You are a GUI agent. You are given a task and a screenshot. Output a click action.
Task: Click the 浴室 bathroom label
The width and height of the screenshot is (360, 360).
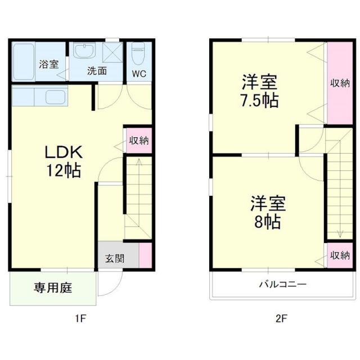click(49, 64)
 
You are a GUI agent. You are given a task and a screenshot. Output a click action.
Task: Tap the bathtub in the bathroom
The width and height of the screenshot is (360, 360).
click(24, 61)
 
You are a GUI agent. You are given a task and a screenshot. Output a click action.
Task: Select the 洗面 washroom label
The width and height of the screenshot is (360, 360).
click(97, 71)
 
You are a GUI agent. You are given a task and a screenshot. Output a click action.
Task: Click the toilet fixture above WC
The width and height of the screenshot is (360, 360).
click(137, 55)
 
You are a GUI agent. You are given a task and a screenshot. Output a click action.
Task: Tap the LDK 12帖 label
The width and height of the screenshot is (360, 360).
click(64, 161)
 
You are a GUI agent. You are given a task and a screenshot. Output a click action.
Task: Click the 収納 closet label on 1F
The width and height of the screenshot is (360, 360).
click(138, 141)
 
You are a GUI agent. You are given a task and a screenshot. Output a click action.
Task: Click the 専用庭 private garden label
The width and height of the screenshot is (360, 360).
click(52, 289)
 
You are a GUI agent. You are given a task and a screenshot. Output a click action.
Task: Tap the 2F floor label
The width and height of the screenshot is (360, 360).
click(281, 319)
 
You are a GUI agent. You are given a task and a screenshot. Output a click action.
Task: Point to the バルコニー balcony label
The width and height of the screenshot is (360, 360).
click(282, 284)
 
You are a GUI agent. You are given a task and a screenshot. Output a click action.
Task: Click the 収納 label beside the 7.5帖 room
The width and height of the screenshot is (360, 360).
click(340, 83)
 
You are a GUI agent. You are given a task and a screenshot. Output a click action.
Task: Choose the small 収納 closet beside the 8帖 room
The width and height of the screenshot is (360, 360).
click(340, 255)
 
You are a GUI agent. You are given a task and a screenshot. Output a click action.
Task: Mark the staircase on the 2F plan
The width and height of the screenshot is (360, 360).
click(339, 186)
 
